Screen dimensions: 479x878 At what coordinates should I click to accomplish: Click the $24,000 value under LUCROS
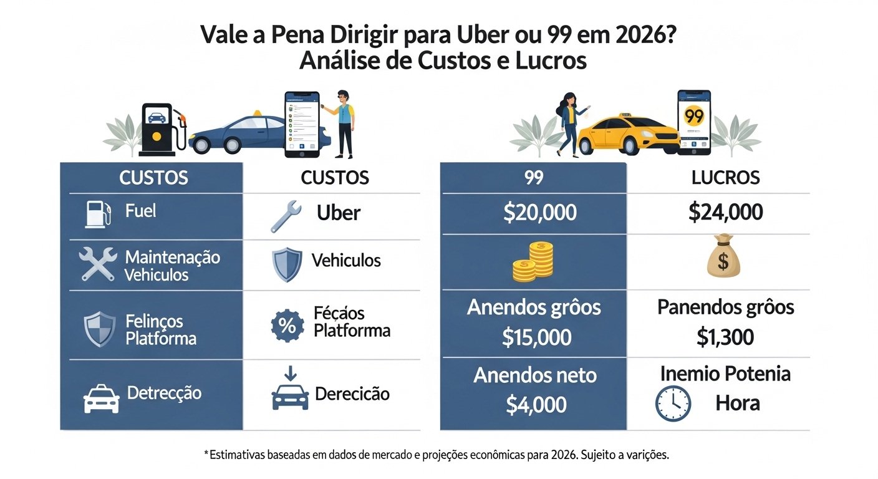pos(725,213)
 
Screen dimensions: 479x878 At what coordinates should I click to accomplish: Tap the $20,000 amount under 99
pos(539,213)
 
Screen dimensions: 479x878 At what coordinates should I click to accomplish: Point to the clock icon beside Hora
pos(673,403)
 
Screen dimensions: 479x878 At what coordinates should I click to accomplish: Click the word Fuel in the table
pos(140,211)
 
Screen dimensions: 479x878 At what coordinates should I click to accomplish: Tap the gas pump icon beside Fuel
pos(97,213)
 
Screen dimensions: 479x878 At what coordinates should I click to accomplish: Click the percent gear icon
pos(287,324)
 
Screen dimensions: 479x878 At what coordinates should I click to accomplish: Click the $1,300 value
pos(725,337)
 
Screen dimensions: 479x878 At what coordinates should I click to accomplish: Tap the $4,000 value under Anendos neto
pos(536,405)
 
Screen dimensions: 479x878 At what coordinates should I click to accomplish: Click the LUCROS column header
pos(725,177)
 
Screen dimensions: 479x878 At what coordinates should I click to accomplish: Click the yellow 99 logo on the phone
pos(693,117)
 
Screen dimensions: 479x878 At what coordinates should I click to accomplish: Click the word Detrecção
pos(164,393)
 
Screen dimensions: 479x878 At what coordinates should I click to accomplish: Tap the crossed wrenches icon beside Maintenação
pos(98,264)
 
